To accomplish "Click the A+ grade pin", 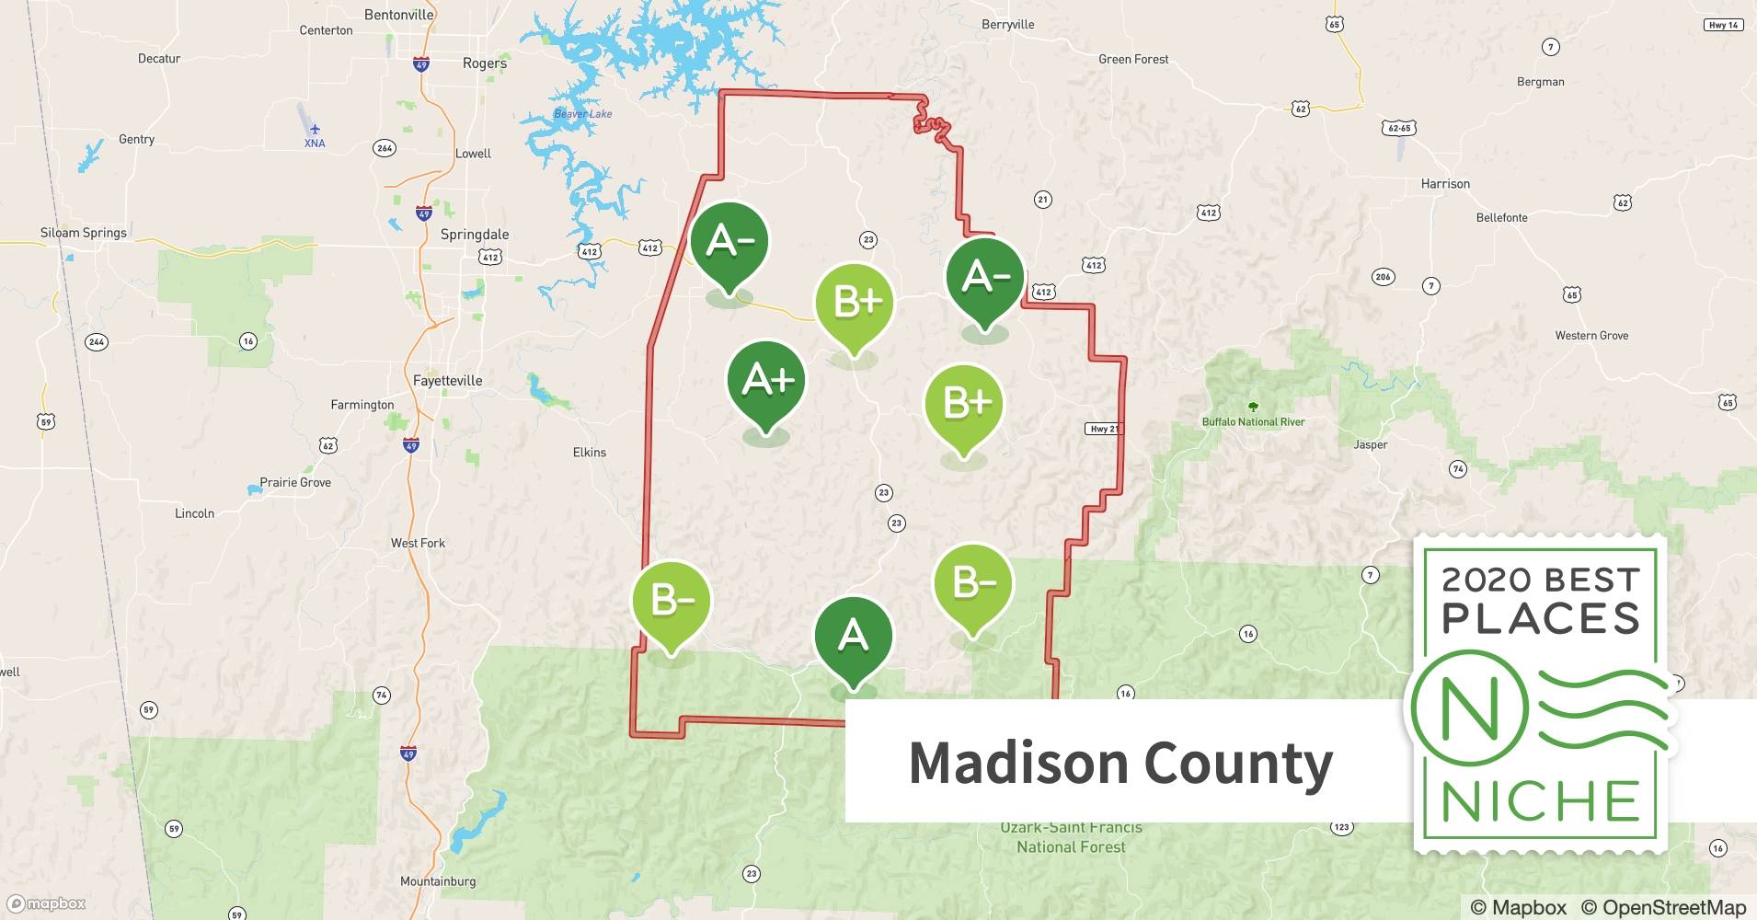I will click(766, 380).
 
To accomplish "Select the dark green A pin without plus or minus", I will click(853, 637).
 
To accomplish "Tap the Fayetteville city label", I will click(447, 381).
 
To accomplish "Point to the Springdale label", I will click(474, 235).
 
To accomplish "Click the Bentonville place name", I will click(398, 15).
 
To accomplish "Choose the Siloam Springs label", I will click(83, 233).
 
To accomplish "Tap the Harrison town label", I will click(1445, 184).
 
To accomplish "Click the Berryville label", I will click(1007, 25).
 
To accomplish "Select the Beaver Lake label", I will click(582, 114).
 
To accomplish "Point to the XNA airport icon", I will click(315, 129).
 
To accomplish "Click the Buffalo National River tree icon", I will click(1252, 406).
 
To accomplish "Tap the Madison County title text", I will click(1120, 763).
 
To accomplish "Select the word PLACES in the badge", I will click(1540, 618).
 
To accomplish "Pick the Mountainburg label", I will click(438, 881).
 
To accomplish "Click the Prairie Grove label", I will click(295, 482).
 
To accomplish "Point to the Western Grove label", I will click(1591, 336).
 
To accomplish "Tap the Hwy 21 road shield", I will click(1103, 429).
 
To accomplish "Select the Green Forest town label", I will click(1133, 60).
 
